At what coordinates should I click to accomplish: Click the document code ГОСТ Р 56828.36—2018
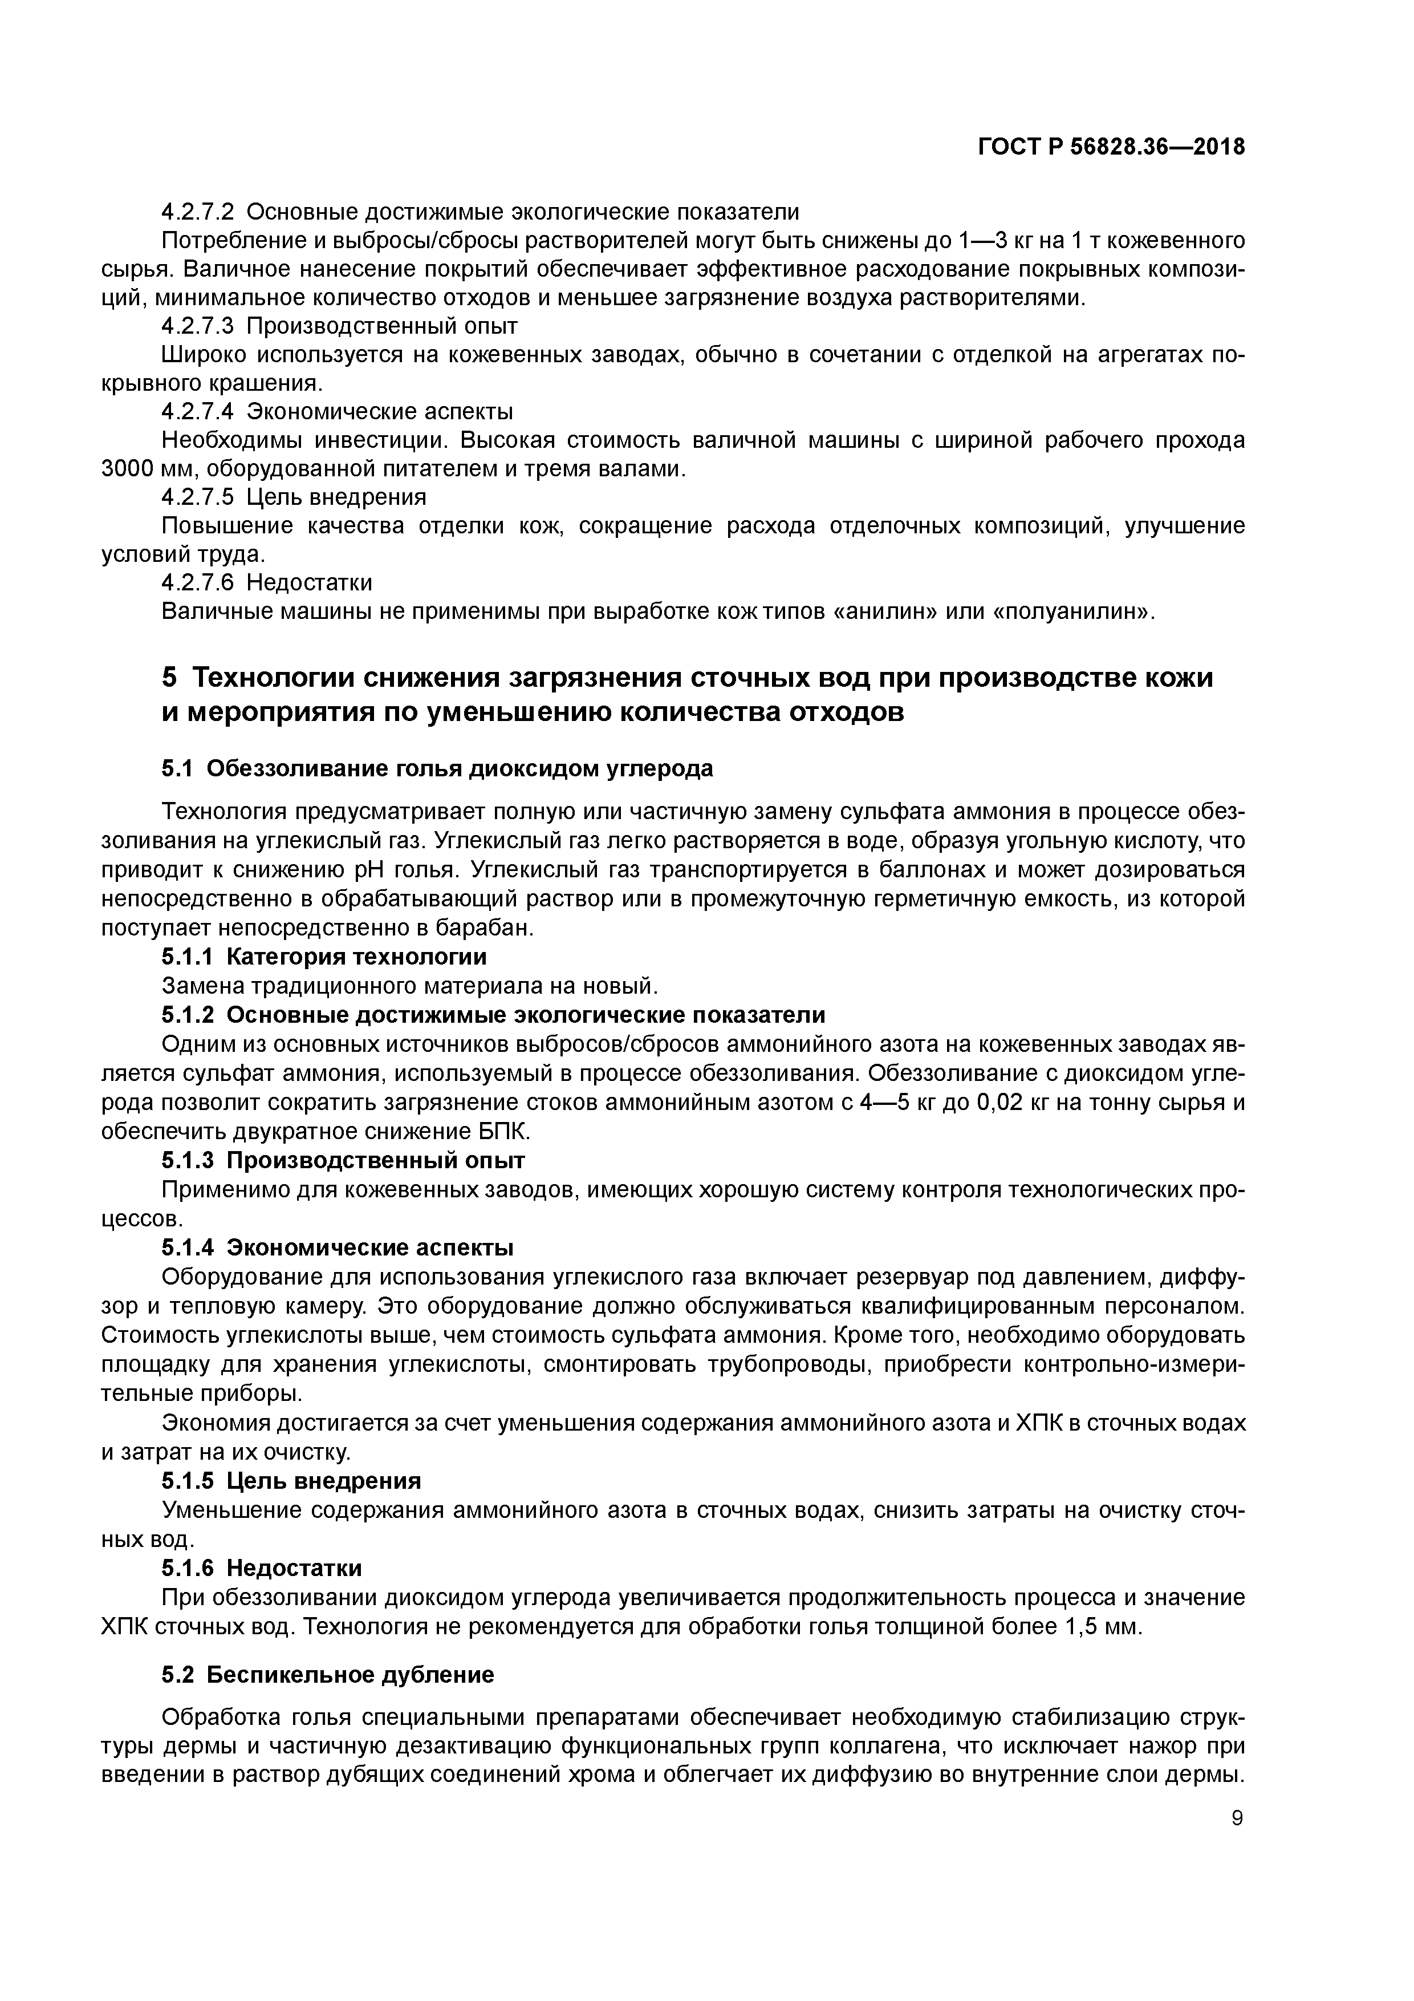[1111, 147]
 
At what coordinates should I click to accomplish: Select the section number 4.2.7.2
[198, 212]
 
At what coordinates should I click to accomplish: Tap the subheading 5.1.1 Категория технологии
[324, 957]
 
